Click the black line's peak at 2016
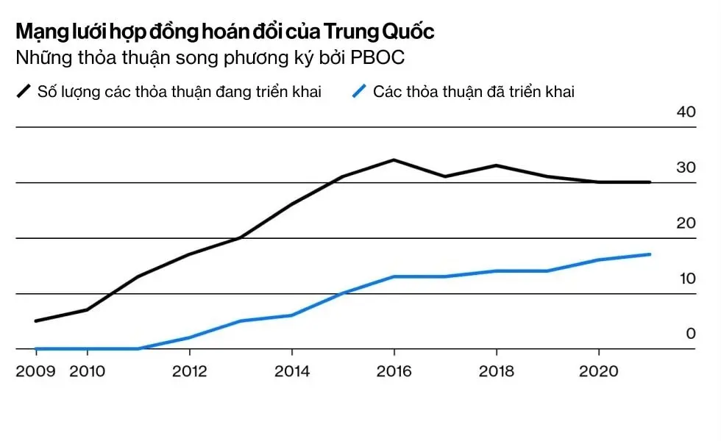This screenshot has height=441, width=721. point(394,159)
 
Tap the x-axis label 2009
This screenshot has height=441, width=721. point(35,371)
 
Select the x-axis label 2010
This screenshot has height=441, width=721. point(87,371)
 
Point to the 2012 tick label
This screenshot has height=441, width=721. point(190,371)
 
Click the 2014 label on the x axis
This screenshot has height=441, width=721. point(292,371)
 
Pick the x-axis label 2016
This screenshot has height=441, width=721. point(394,371)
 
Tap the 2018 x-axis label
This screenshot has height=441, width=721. point(497,371)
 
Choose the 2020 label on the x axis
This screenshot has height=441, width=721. point(599,371)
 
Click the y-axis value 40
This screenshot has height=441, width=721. point(686,112)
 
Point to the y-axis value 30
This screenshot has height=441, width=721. point(686,168)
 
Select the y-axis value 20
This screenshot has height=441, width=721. point(686,223)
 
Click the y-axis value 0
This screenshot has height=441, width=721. point(690,334)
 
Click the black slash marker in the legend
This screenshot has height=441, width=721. point(24,92)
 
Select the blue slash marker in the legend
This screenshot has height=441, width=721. point(359,92)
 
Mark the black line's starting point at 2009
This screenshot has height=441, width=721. point(36,321)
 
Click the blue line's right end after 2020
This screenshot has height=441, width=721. point(650,254)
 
